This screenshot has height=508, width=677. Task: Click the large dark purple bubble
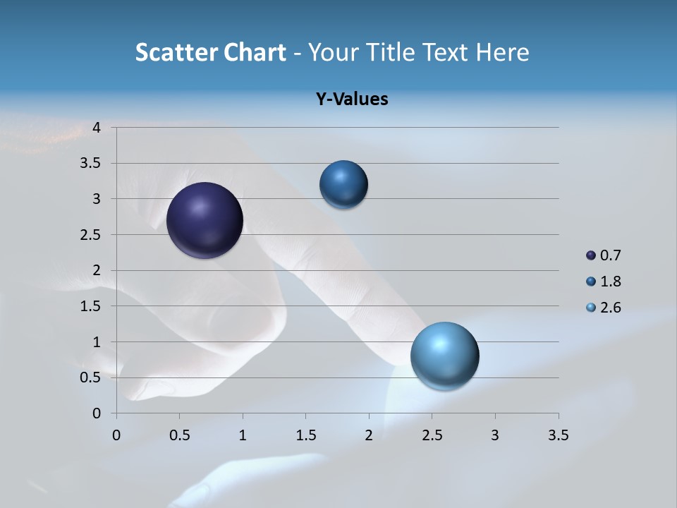point(205,220)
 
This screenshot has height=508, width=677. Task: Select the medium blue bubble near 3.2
point(343,185)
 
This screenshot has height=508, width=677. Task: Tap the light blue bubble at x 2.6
point(445,356)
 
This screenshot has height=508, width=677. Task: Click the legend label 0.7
point(610,255)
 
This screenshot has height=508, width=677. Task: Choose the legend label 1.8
point(610,282)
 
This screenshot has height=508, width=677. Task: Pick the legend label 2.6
point(610,308)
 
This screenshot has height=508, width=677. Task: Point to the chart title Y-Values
point(352,99)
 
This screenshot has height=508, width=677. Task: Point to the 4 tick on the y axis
point(97,128)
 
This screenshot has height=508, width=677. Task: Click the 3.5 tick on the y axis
point(92,164)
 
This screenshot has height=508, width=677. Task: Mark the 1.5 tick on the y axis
point(92,306)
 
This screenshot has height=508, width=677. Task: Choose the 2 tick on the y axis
point(97,270)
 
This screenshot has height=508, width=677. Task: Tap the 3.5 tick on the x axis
point(558,435)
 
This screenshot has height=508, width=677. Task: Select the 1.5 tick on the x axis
point(305,435)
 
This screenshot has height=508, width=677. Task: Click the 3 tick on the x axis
point(494,435)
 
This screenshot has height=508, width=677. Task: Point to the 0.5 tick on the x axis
point(179,435)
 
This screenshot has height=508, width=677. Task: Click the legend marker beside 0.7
point(591,255)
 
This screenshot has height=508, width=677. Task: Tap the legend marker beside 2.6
point(591,308)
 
